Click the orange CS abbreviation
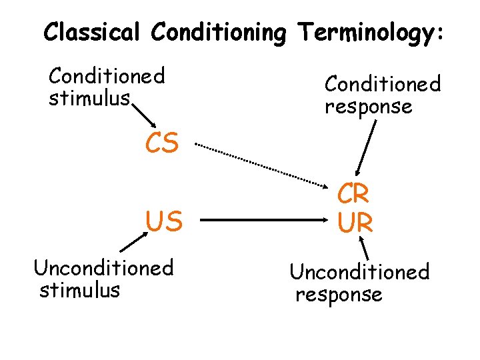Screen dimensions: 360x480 pos(162,143)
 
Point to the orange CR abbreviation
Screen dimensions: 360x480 pos(353,194)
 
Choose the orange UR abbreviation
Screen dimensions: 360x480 pos(355,223)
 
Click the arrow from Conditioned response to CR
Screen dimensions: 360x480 pos(366,147)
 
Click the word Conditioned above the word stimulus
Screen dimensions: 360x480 pos(107,76)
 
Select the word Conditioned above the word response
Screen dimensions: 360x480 pos(383,85)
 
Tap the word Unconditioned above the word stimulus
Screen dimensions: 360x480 pos(103,268)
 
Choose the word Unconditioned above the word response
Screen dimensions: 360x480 pos(359,272)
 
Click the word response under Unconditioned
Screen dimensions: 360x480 pos(339,294)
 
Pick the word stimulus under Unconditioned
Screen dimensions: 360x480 pos(79,290)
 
